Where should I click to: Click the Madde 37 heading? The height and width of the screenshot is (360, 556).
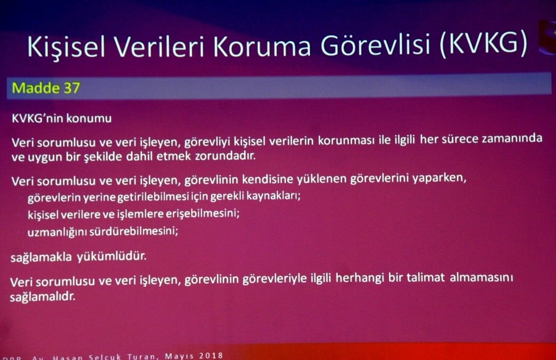[x=46, y=88]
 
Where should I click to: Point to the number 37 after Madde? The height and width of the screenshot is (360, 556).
[x=71, y=88]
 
